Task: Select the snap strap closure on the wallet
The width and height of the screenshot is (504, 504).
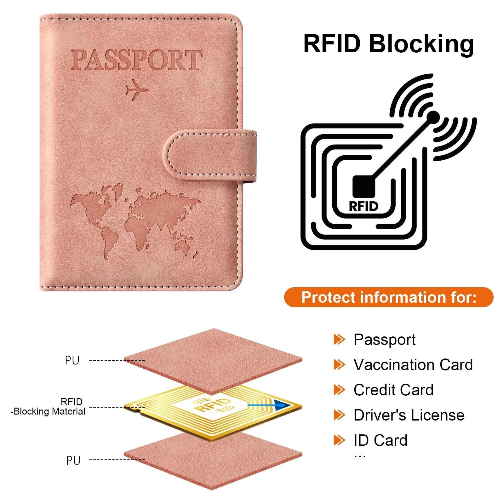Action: [210, 156]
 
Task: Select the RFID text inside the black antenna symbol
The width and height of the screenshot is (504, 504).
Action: [364, 206]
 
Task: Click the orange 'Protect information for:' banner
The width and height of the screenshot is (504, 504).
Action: [389, 297]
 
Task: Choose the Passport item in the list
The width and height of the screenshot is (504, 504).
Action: [385, 340]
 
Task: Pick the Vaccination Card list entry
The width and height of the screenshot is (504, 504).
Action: [413, 365]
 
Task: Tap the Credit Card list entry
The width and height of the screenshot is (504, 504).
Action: [393, 390]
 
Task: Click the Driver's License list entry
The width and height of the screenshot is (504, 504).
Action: [409, 415]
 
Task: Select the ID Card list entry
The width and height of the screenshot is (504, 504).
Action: [380, 440]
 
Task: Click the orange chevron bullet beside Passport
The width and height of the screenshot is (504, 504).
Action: [340, 339]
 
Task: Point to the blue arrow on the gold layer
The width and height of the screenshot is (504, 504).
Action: [270, 405]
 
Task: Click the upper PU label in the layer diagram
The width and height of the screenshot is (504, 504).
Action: [72, 360]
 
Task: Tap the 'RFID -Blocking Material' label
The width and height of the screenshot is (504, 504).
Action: [48, 407]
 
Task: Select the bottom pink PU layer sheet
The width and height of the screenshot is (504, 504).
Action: [213, 461]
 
